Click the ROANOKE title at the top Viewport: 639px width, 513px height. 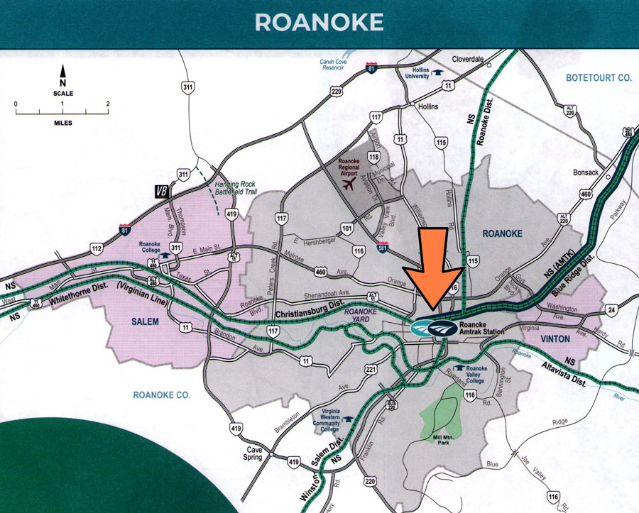[x=319, y=22]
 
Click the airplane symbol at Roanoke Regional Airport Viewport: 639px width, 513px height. [x=348, y=185]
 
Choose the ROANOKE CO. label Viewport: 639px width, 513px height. [x=163, y=395]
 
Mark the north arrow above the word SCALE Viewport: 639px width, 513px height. [x=62, y=72]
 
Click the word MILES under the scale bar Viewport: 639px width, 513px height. [x=62, y=123]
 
